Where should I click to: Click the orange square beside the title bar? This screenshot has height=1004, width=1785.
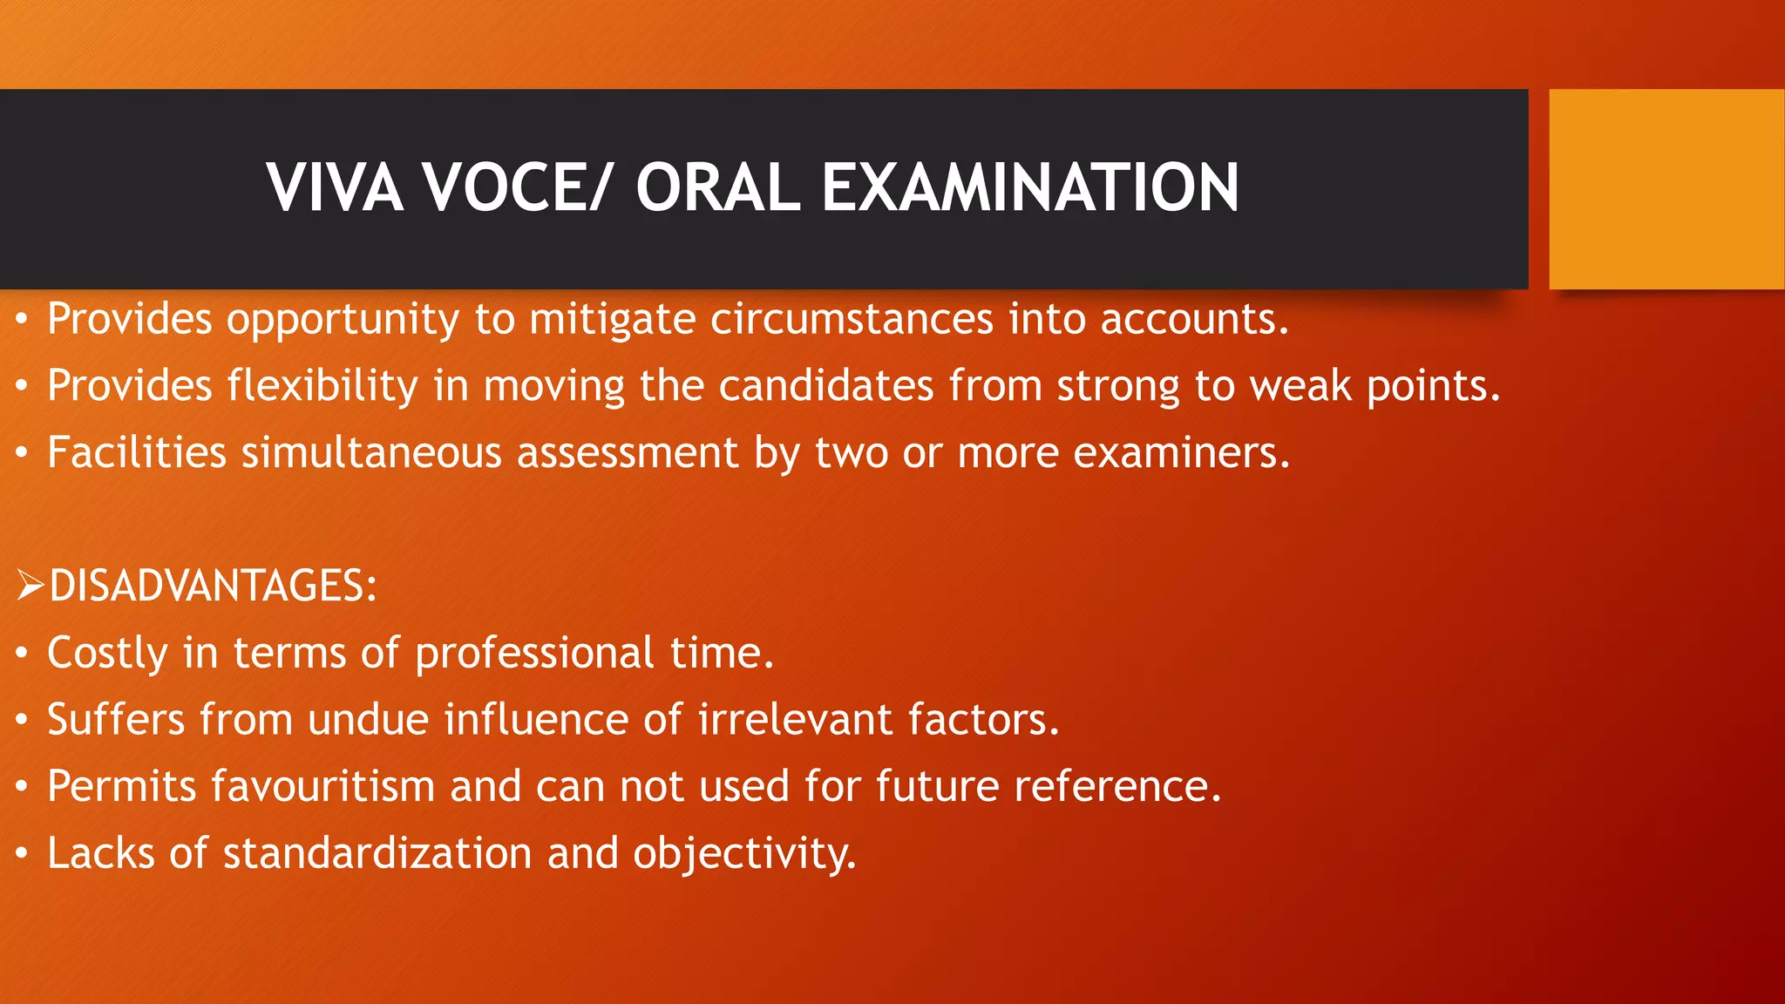pyautogui.click(x=1666, y=189)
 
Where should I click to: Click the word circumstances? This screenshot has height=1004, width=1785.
pyautogui.click(x=852, y=319)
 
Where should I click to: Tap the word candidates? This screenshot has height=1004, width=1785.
pyautogui.click(x=825, y=386)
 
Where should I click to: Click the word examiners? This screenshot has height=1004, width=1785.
pyautogui.click(x=1181, y=453)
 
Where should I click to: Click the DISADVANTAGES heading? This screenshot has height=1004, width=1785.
pyautogui.click(x=213, y=586)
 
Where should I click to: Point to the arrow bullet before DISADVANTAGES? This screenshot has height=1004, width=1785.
pyautogui.click(x=30, y=585)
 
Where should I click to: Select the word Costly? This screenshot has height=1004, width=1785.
pyautogui.click(x=107, y=654)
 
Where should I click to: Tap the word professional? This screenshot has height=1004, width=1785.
pyautogui.click(x=534, y=654)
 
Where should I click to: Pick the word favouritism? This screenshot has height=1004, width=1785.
pyautogui.click(x=322, y=786)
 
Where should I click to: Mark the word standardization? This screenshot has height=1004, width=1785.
pyautogui.click(x=377, y=853)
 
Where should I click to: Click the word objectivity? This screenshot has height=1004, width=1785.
pyautogui.click(x=744, y=854)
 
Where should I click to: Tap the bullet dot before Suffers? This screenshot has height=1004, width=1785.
pyautogui.click(x=22, y=721)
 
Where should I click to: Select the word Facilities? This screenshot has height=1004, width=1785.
pyautogui.click(x=137, y=453)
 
